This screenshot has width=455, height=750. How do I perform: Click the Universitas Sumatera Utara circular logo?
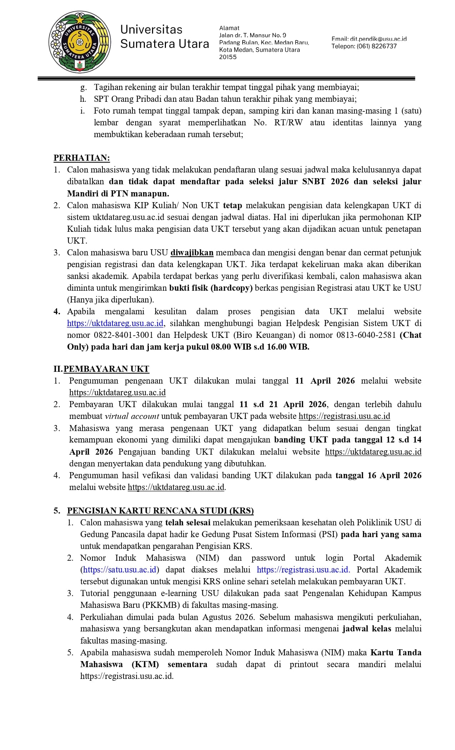[x=80, y=42]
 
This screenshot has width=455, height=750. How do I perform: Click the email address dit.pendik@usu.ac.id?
[x=369, y=39]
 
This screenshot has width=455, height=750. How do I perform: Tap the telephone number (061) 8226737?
[x=376, y=46]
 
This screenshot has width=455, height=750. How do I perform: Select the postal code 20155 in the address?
[x=228, y=57]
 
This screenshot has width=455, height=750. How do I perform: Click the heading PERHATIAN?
[x=82, y=158]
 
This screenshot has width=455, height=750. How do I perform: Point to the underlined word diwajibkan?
[x=192, y=252]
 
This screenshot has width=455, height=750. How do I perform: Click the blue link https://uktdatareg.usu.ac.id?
[x=115, y=323]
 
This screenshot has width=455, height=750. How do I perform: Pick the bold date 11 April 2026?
[x=325, y=381]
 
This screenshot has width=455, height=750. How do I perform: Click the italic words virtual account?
[x=132, y=416]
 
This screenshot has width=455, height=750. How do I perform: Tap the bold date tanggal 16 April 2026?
[x=378, y=475]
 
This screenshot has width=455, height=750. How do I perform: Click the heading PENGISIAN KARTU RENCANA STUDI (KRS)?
[x=160, y=511]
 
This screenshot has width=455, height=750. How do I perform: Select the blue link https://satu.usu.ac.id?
[x=120, y=570]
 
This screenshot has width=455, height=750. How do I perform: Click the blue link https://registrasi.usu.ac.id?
[x=303, y=570]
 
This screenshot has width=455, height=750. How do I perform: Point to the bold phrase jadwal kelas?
[x=366, y=629]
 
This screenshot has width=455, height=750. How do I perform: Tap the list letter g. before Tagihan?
[x=83, y=87]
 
